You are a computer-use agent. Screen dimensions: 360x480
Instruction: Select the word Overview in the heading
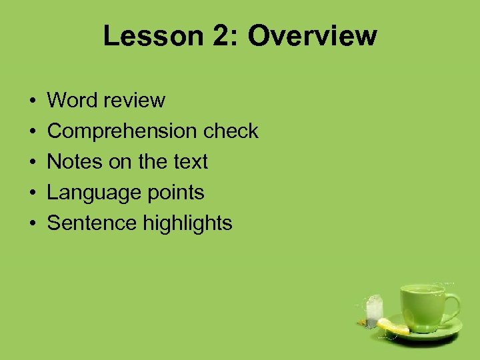(x=313, y=36)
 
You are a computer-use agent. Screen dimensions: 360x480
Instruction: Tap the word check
(x=231, y=131)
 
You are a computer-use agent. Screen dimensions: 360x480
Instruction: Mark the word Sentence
(x=92, y=223)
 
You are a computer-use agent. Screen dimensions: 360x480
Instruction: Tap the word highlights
(x=188, y=223)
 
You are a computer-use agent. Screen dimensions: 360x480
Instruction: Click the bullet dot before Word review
(x=33, y=101)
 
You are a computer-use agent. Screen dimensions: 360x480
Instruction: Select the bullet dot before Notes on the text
(x=33, y=163)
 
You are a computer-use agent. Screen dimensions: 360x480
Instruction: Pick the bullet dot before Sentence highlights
(x=33, y=224)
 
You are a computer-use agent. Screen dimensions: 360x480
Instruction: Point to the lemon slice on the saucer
(x=393, y=327)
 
